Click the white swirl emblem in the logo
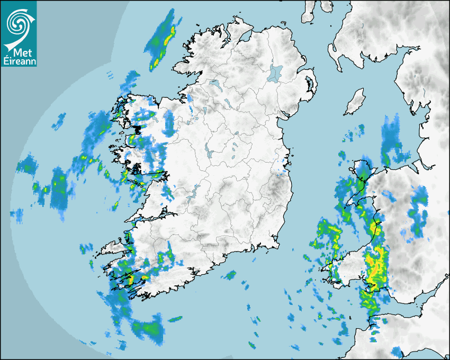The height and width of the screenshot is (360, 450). [17, 23]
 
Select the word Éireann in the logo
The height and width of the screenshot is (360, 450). [20, 61]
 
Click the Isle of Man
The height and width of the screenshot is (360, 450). [355, 102]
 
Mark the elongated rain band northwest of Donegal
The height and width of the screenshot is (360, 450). [161, 41]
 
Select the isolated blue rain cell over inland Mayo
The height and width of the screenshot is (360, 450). [169, 123]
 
